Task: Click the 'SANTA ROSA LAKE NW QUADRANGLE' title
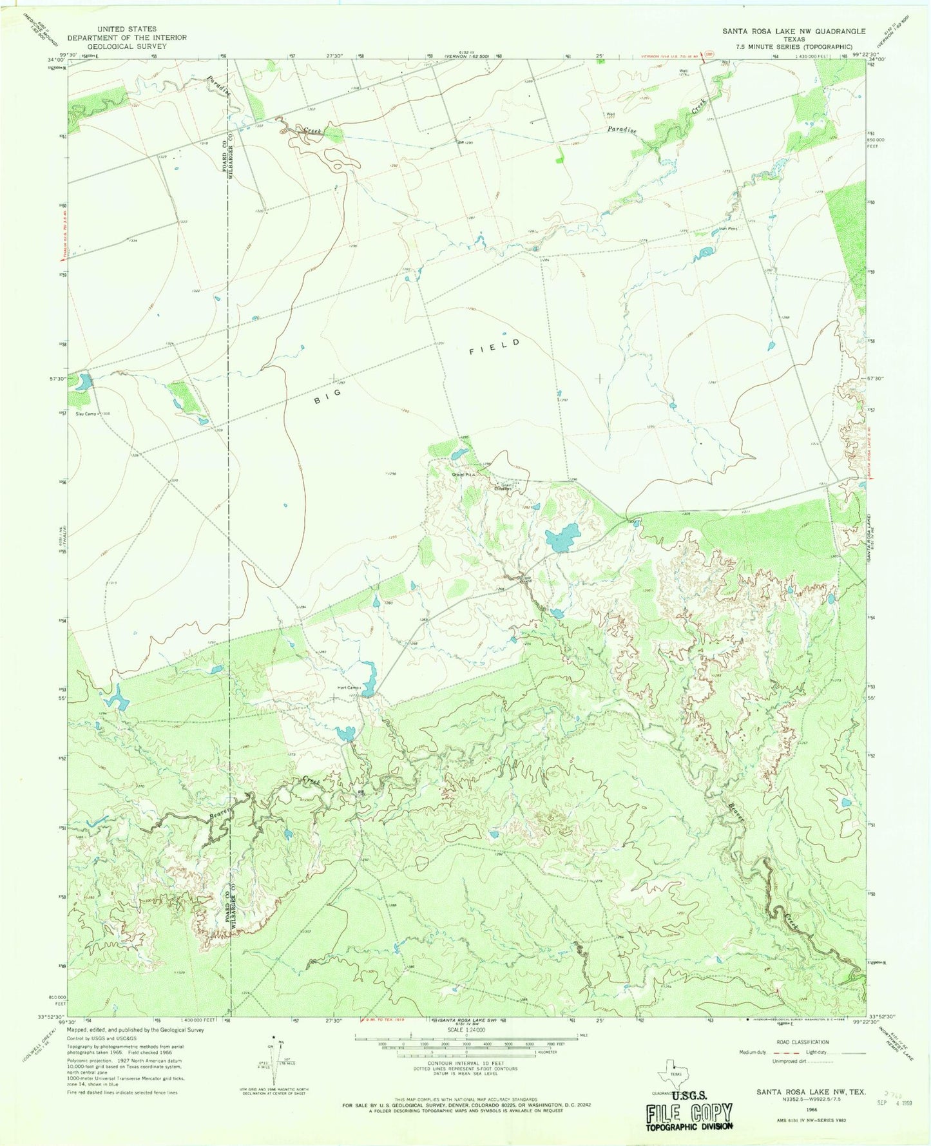pos(793,31)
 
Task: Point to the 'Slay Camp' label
pos(86,414)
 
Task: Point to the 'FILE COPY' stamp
pos(690,1113)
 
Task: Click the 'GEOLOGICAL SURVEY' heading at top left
pos(126,46)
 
